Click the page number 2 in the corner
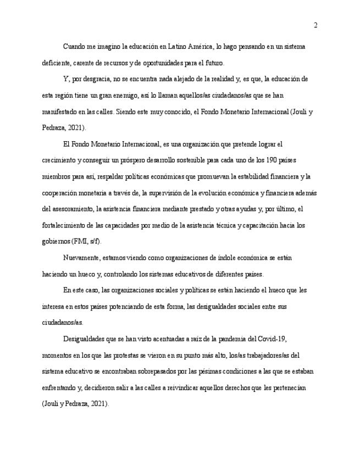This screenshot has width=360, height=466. [x=315, y=25]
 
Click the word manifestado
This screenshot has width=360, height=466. [x=62, y=112]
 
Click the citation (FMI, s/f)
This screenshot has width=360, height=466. [x=87, y=241]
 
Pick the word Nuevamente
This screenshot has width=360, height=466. [x=81, y=258]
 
